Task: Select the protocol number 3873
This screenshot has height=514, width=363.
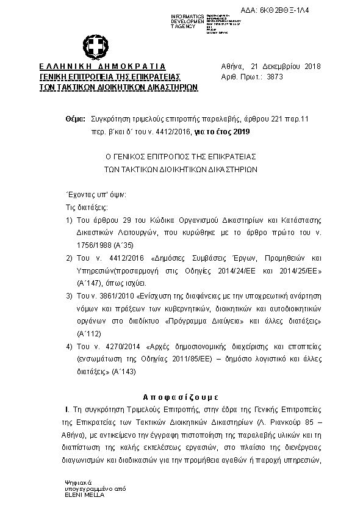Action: (x=275, y=77)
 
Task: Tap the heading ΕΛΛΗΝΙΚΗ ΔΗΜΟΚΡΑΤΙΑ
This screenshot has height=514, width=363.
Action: (x=102, y=66)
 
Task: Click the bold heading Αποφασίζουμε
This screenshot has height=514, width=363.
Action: (x=181, y=395)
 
